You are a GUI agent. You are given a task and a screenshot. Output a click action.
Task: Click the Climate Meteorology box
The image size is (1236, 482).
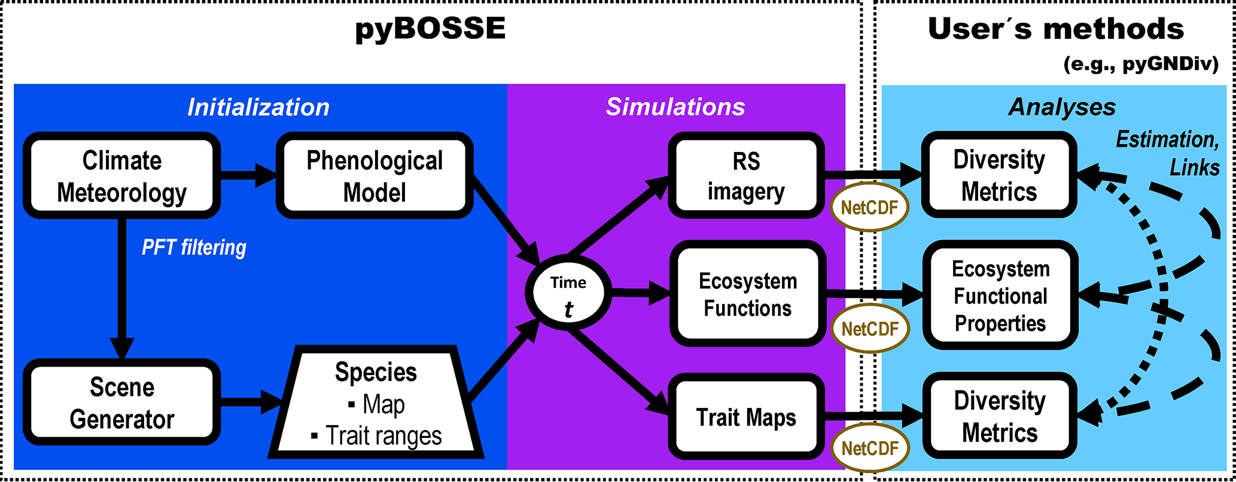[x=121, y=176]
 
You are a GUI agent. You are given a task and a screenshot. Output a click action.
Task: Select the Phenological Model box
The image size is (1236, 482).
[x=375, y=176]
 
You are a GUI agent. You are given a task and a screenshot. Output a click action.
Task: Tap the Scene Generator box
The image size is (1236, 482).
[x=121, y=402]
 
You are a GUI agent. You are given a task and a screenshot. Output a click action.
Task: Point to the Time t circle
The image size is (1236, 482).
[x=568, y=293]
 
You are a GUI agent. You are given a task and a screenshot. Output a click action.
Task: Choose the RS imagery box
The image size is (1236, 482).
[x=745, y=176]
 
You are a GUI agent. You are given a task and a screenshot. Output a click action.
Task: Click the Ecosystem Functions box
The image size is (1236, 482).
[x=748, y=294]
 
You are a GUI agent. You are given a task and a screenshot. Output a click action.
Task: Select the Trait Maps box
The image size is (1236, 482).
[x=745, y=417]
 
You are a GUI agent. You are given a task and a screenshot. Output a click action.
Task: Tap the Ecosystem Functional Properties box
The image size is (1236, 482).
[x=1000, y=295]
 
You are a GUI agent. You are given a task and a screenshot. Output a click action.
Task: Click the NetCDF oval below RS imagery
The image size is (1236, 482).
[x=869, y=208]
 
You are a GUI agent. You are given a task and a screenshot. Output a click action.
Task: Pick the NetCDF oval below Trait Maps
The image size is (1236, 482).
[x=869, y=448]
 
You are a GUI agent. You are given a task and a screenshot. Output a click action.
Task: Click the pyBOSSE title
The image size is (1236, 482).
[x=430, y=29]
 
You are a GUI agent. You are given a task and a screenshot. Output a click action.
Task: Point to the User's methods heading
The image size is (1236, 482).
[x=1055, y=29]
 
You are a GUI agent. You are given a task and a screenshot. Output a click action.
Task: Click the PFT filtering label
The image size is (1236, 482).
[x=194, y=247]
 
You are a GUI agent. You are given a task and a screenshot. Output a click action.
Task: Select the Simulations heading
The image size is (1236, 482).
[x=675, y=106]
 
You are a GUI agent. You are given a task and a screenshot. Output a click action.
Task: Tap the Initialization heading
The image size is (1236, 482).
[x=258, y=107]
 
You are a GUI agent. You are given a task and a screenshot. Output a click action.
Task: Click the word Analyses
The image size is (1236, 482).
[x=1062, y=107]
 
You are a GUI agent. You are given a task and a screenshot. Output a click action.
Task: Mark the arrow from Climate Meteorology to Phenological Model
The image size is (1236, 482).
[x=248, y=176]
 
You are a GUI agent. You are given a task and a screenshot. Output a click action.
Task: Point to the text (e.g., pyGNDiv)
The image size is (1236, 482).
[x=1140, y=64]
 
